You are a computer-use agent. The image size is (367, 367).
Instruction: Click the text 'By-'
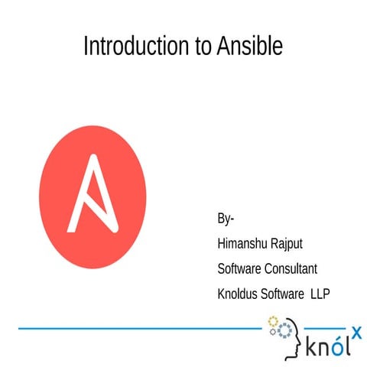(226, 220)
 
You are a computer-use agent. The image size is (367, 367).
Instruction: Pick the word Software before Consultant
(240, 269)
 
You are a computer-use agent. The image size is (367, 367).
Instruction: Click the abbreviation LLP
(320, 294)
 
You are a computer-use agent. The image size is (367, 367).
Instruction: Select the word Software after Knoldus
(283, 294)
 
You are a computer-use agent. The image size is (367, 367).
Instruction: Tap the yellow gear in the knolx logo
(273, 320)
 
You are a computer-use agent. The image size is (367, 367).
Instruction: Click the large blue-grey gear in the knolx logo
(284, 330)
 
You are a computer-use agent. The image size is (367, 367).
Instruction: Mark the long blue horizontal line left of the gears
(138, 329)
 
